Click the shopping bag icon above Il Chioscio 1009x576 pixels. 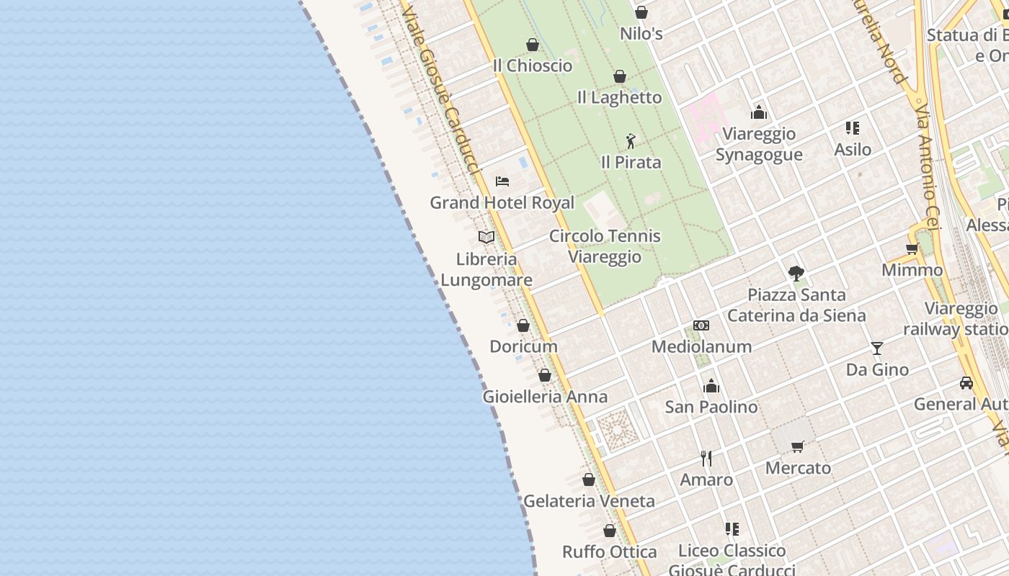pos(533,45)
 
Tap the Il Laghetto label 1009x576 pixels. pos(619,97)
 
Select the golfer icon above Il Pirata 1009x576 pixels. pos(631,141)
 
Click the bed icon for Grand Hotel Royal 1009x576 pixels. pos(502,181)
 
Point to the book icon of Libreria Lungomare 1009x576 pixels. pos(486,237)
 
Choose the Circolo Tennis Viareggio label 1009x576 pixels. pos(605,246)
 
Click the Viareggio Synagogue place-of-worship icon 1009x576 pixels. pos(759,112)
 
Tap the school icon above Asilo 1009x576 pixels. pos(853,128)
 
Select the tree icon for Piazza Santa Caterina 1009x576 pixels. pos(796,273)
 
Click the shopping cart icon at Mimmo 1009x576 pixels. pos(912,249)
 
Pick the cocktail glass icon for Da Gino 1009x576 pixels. pos(877,348)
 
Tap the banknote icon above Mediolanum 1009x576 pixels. pos(701,325)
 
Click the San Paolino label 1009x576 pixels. pos(711,407)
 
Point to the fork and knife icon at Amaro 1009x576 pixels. pos(706,458)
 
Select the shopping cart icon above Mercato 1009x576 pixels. pos(798,447)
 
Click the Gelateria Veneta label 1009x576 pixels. pos(589,501)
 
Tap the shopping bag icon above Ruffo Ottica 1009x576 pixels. pos(610,531)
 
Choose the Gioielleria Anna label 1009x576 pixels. pos(545,397)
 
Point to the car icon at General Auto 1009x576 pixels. pos(966,383)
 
